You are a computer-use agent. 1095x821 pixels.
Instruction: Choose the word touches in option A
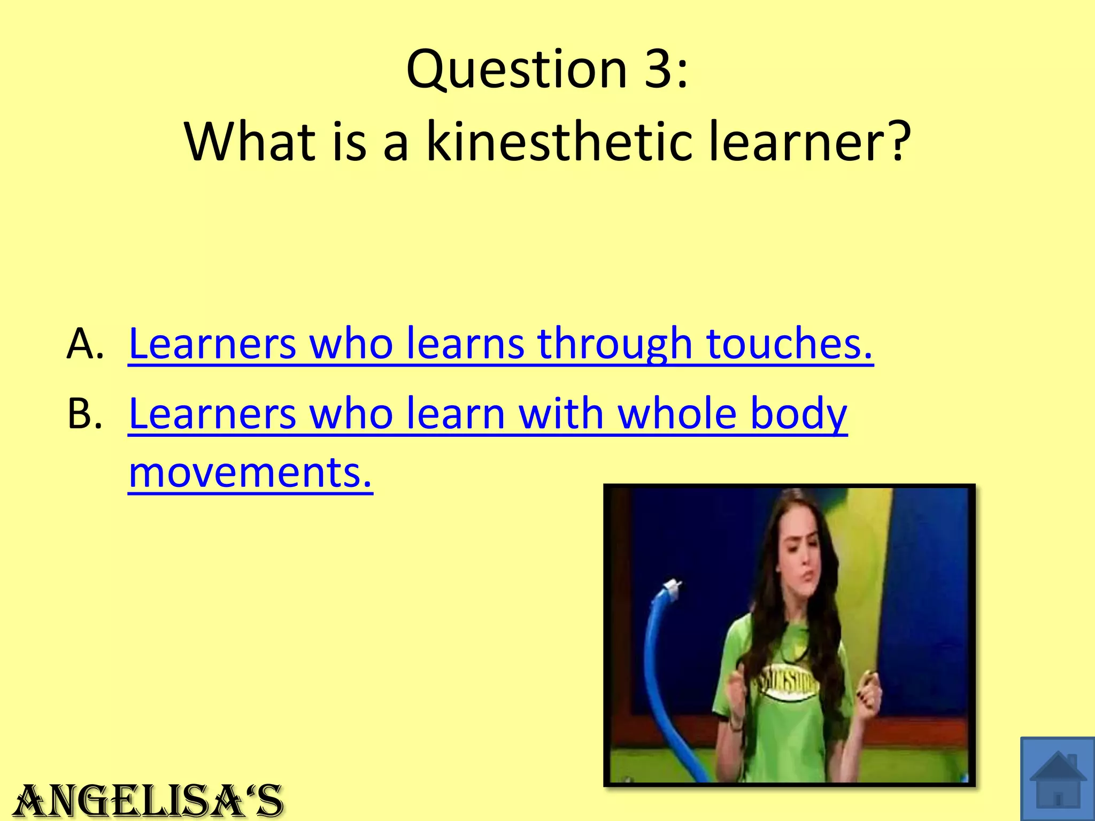(x=789, y=343)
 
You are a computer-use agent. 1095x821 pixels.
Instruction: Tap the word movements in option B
(x=250, y=473)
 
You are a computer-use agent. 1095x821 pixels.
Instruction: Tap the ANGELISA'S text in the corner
(x=148, y=801)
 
